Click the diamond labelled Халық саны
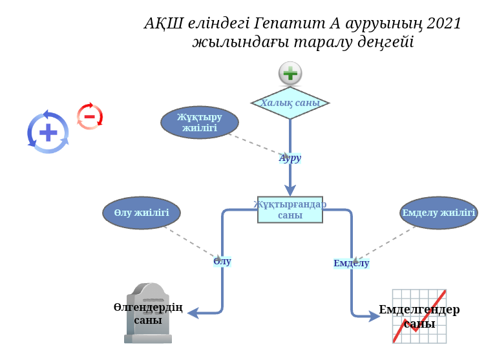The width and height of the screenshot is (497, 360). point(290,103)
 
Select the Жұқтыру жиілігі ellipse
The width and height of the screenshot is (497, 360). point(199,122)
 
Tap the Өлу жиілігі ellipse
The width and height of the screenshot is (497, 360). point(141,213)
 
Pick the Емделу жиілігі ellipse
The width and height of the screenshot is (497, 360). point(438,213)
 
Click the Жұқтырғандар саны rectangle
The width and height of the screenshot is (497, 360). point(290,209)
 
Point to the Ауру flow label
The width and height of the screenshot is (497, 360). point(290,158)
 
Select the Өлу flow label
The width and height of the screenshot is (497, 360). point(222,261)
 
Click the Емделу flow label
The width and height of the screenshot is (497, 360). point(351,263)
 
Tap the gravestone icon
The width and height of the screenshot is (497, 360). point(148,313)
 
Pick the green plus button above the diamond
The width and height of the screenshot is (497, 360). point(290,74)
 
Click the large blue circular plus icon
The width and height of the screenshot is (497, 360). point(48,132)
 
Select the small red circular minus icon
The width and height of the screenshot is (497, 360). point(90,117)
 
